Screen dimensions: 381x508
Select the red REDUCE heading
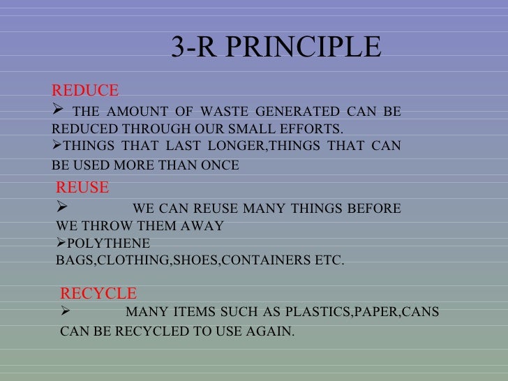(85, 91)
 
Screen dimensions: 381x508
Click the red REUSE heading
(82, 188)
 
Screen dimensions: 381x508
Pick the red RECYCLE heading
(98, 293)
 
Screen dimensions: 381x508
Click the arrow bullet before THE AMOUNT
(58, 111)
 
